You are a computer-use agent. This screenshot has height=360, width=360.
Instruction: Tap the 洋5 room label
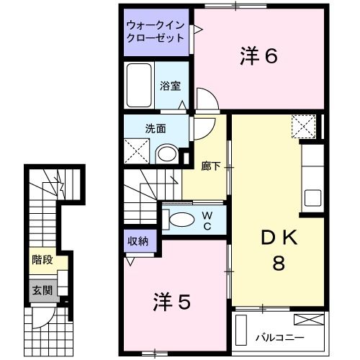point(171,302)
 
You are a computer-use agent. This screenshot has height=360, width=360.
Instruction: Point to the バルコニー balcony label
point(279,337)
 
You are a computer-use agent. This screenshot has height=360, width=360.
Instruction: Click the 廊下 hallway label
point(210,165)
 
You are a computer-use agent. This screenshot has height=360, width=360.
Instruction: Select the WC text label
point(206,220)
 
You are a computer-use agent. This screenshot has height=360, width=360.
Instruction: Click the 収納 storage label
point(138,242)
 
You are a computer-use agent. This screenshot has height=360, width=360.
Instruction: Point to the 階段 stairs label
point(42,260)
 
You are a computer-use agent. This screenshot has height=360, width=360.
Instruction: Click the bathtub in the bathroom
point(138,86)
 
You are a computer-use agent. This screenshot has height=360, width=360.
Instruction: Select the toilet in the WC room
point(181,220)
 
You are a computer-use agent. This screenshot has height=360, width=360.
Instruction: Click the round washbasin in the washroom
point(167,153)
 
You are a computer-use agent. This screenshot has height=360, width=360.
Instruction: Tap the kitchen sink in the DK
point(311,197)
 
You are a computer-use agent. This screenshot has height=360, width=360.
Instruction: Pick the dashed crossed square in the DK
point(304,128)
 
